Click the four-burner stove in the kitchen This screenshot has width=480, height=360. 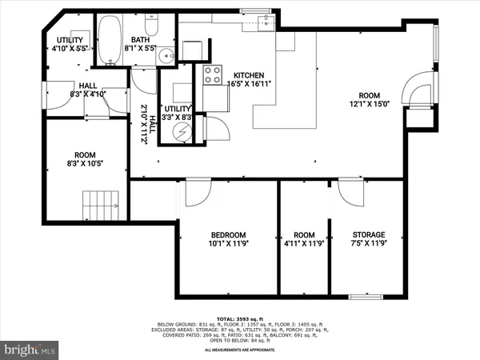[214, 75]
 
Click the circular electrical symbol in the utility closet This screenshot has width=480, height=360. [177, 131]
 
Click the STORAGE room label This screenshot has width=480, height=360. [370, 234]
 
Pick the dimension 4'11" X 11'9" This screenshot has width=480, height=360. [304, 244]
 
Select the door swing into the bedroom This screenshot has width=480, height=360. [196, 192]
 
